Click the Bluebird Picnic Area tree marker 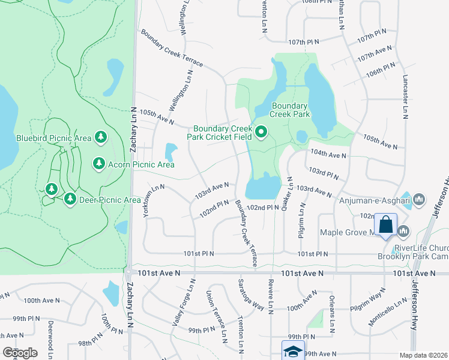pyautogui.click(x=100, y=139)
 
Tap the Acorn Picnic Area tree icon pyautogui.click(x=99, y=163)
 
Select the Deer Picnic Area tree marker pyautogui.click(x=70, y=198)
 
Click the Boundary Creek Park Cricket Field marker pyautogui.click(x=261, y=132)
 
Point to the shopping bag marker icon pyautogui.click(x=385, y=226)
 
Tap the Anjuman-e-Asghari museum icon pyautogui.click(x=420, y=199)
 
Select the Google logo pyautogui.click(x=20, y=352)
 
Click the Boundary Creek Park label pyautogui.click(x=289, y=109)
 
